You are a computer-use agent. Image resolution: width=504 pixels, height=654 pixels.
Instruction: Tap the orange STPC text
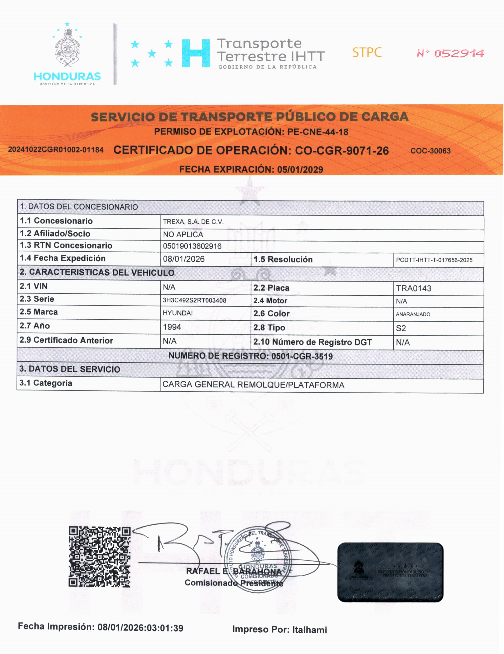click(x=367, y=53)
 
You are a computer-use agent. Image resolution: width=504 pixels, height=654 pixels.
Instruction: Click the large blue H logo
click(x=196, y=53)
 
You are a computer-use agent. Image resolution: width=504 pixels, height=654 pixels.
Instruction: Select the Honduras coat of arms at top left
click(x=67, y=48)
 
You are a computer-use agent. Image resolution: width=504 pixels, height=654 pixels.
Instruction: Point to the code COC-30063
click(x=430, y=151)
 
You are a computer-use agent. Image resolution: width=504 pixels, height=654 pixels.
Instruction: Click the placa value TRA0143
click(x=414, y=288)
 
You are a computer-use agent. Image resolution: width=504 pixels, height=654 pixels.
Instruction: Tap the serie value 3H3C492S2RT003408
click(x=194, y=300)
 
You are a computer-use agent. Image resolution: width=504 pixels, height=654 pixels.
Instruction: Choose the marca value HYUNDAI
click(x=178, y=313)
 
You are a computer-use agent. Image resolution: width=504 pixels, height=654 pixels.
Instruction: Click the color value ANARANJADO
click(x=413, y=314)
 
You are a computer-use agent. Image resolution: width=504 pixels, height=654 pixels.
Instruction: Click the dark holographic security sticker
click(x=390, y=572)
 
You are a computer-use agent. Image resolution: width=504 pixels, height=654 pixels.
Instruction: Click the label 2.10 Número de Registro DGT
click(x=312, y=342)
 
